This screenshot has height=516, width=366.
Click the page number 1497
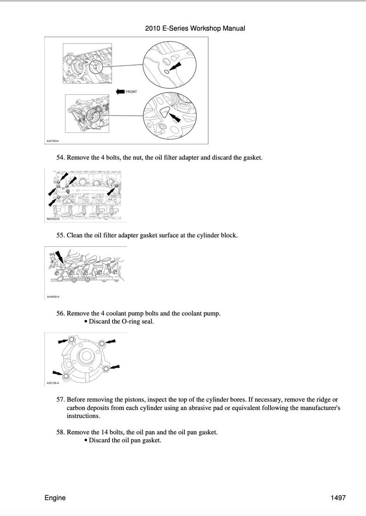tap(338, 498)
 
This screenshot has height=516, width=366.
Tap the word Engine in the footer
tap(55, 498)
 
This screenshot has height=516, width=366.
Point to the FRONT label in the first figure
tap(131, 92)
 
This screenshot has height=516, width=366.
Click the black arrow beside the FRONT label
tap(120, 91)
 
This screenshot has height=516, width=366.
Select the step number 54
tap(60, 157)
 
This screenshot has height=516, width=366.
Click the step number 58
tap(60, 432)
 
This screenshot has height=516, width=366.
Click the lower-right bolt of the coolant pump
tap(106, 368)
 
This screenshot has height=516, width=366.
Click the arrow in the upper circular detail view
tap(175, 67)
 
